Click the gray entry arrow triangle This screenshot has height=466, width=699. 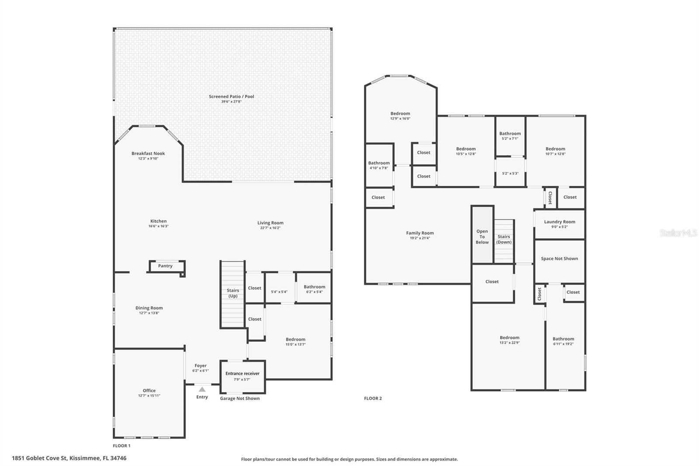202,389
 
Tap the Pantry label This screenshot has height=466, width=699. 165,266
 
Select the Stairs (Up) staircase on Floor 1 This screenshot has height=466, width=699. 232,295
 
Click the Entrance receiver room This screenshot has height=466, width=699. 242,377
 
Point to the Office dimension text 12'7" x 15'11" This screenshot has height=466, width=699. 149,396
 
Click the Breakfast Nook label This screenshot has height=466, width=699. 148,153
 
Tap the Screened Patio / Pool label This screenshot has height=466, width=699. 232,97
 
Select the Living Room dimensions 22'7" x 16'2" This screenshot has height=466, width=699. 270,228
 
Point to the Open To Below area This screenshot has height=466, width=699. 482,235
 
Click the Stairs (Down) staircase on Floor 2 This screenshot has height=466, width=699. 504,241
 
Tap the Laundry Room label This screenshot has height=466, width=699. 560,222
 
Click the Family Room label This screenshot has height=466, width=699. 420,233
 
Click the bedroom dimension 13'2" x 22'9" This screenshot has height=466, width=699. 509,343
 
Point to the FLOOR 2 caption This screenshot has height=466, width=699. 373,398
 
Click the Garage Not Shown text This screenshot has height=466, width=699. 240,398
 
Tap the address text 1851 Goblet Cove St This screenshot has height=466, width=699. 39,458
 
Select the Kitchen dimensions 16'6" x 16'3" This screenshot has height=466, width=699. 159,226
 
